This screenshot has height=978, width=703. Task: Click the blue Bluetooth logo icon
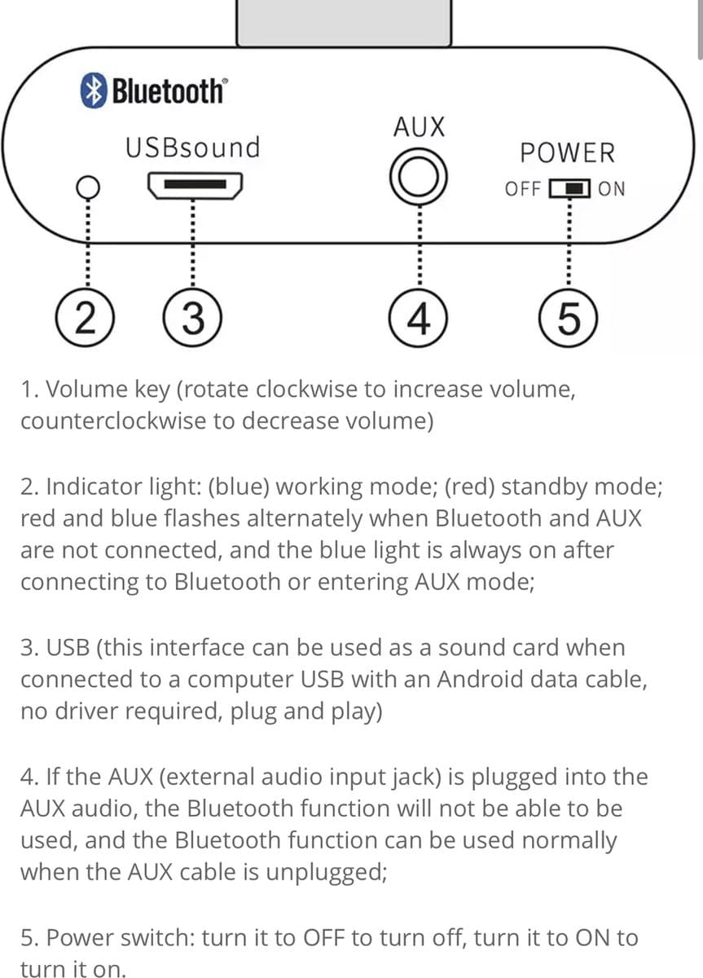(x=94, y=90)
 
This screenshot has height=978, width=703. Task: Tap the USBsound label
(x=192, y=148)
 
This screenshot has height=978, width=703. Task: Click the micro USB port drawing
(x=195, y=186)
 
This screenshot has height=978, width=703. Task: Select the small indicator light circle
(x=88, y=187)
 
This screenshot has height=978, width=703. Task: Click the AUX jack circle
(x=419, y=177)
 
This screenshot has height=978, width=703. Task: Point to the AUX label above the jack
(x=419, y=127)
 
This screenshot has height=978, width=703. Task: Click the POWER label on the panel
(x=567, y=153)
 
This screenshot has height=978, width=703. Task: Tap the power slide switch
(x=569, y=188)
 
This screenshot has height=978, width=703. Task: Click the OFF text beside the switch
(x=523, y=189)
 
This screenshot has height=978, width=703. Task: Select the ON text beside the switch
(x=612, y=189)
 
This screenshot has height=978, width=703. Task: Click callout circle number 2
(x=85, y=318)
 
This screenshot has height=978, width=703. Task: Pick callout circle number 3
(x=192, y=318)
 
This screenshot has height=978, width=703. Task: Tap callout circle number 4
(x=418, y=318)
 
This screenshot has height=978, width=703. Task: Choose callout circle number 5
(x=568, y=318)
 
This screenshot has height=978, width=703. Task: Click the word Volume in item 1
(x=86, y=389)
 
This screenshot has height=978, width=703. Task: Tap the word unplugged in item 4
(x=326, y=872)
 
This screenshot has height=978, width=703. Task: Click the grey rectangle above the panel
(x=344, y=23)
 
